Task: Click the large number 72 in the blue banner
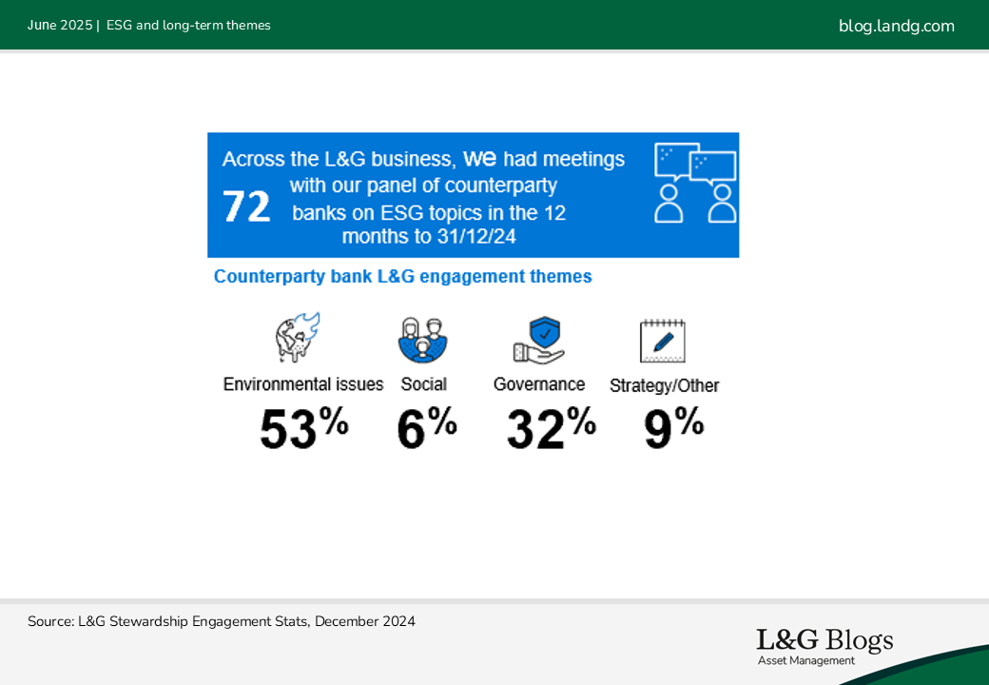tap(246, 206)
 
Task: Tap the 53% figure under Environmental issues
tap(304, 428)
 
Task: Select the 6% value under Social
tap(426, 428)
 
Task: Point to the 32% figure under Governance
tap(552, 428)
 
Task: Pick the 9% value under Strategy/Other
tap(673, 428)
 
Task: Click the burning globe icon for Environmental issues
tap(297, 338)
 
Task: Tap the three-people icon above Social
tap(422, 340)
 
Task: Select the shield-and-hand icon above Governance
tap(538, 340)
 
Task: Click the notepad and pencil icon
tap(662, 341)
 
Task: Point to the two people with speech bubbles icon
tap(695, 183)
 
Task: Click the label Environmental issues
tap(303, 384)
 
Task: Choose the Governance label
tap(539, 384)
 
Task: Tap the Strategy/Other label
tap(664, 385)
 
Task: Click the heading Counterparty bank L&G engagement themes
tap(403, 276)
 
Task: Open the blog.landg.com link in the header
tap(896, 26)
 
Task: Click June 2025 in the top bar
tap(60, 26)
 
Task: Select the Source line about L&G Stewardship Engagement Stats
tap(222, 621)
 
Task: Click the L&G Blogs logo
tap(825, 640)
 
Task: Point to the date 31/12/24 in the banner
tap(476, 237)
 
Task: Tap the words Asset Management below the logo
tap(806, 661)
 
